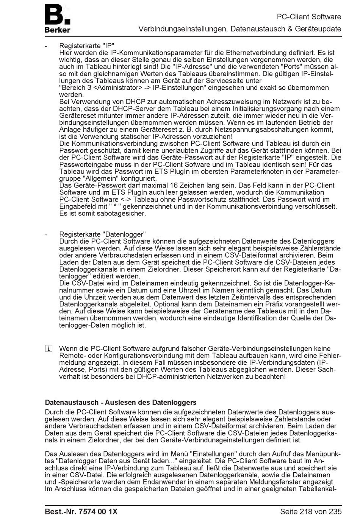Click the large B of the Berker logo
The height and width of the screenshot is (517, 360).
coord(54,14)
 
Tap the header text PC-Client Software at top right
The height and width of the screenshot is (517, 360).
coord(309,17)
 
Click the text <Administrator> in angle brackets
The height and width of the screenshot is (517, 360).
coord(116,87)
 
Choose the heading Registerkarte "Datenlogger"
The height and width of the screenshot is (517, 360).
coord(102,234)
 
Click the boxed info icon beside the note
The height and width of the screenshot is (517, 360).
coord(48,349)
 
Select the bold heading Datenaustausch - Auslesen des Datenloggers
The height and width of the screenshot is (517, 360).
coord(121,402)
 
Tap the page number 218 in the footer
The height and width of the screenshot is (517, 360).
coord(305,511)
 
